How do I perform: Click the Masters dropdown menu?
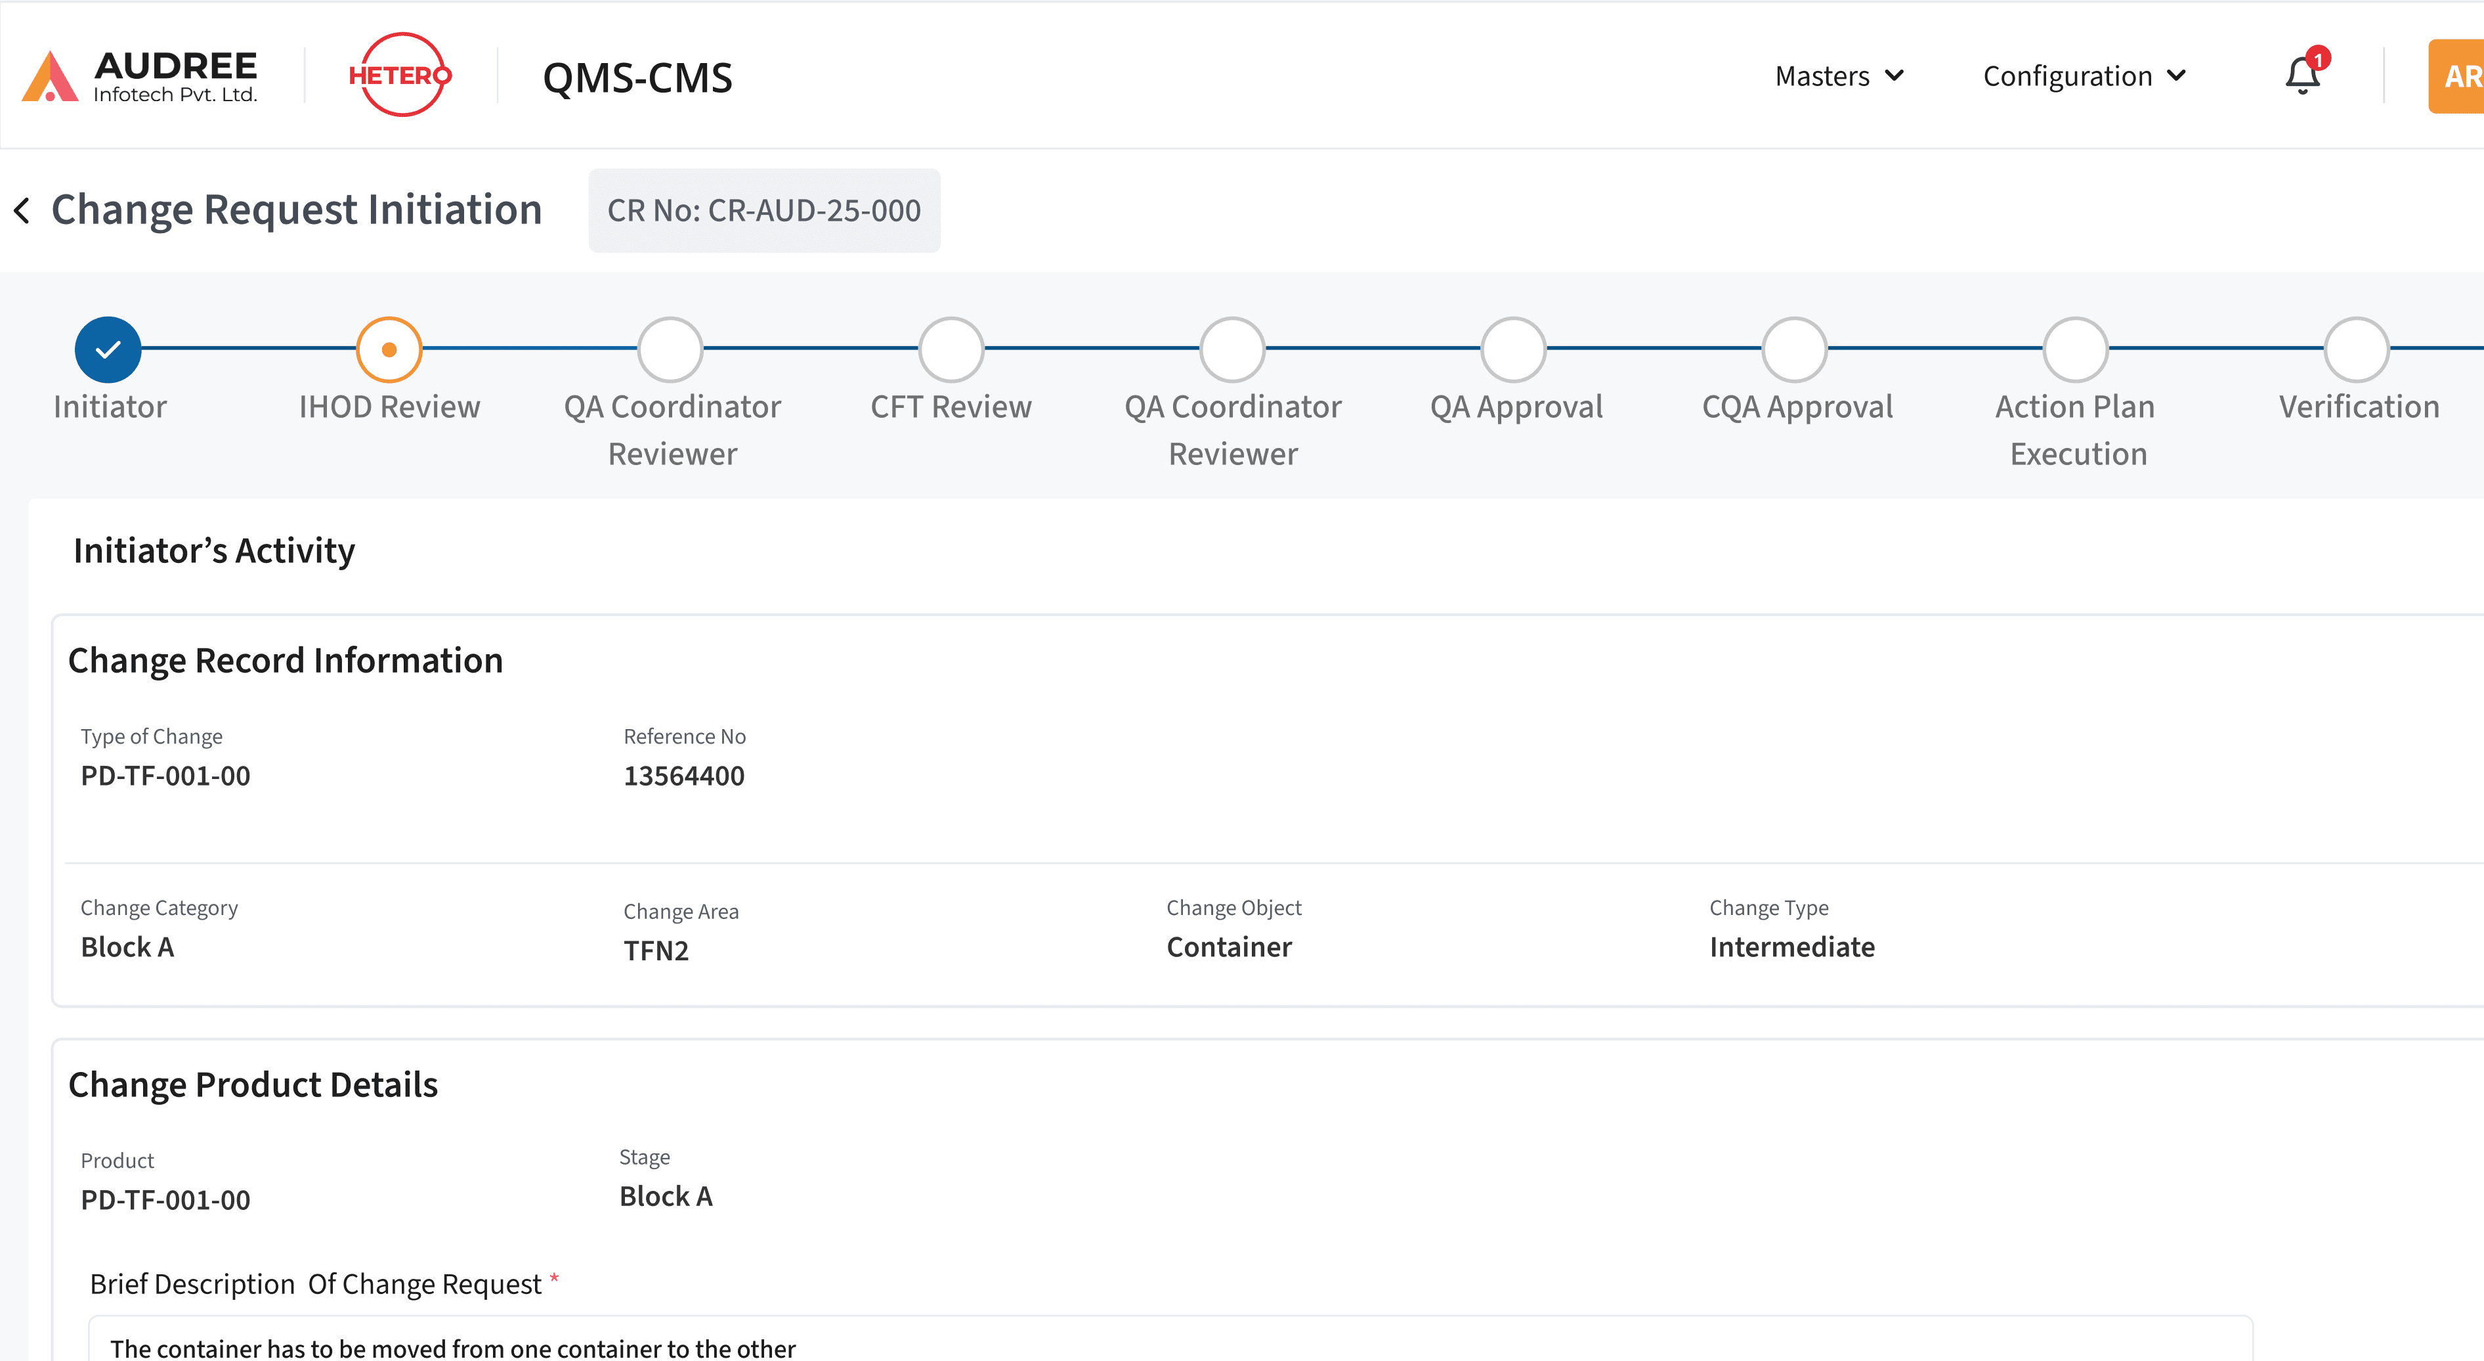(x=1839, y=76)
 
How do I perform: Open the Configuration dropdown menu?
(x=2084, y=76)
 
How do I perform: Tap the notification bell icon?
(x=2302, y=76)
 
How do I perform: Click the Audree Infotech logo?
(x=140, y=76)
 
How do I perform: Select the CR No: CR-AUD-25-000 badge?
(x=763, y=210)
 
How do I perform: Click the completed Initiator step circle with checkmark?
(x=108, y=349)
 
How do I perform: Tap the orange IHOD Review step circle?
(x=389, y=349)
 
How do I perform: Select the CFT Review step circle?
(x=951, y=349)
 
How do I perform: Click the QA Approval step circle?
(x=1513, y=349)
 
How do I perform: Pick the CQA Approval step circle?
(x=1795, y=349)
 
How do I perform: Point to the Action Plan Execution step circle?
(x=2075, y=349)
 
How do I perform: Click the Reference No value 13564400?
(x=683, y=776)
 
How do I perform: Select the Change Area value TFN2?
(x=656, y=951)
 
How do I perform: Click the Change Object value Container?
(x=1228, y=947)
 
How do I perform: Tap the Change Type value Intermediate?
(x=1791, y=947)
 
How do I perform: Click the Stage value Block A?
(x=666, y=1196)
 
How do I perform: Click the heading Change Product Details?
(x=253, y=1085)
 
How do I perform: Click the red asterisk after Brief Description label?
(x=555, y=1279)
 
